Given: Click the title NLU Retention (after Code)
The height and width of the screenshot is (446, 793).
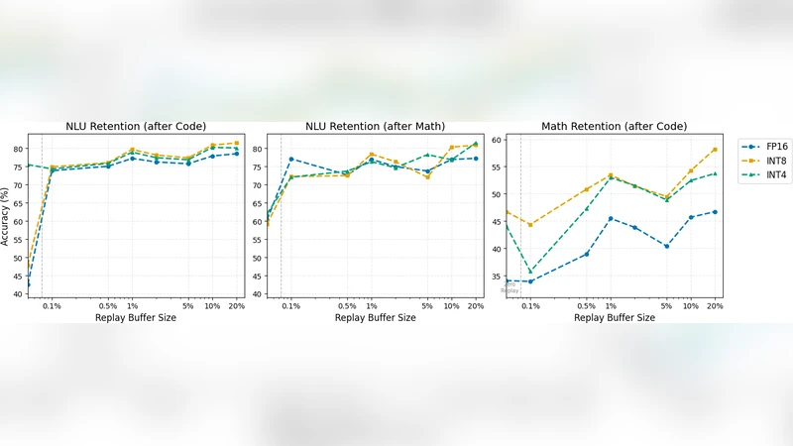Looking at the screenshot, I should click(136, 126).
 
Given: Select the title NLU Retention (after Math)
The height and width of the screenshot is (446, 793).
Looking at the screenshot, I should click(375, 126).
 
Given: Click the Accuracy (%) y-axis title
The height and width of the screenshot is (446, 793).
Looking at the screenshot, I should click(7, 214).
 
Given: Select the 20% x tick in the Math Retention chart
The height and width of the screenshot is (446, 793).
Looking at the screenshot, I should click(714, 306).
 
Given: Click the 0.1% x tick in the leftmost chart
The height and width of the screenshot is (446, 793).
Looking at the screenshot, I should click(52, 306).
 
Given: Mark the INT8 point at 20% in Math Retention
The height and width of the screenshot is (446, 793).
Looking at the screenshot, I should click(714, 150).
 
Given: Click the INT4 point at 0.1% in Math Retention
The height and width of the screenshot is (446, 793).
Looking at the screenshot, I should click(530, 271).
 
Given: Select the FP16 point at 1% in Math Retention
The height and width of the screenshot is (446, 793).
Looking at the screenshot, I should click(611, 218).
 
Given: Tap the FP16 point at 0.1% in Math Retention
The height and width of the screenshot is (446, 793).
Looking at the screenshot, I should click(530, 281).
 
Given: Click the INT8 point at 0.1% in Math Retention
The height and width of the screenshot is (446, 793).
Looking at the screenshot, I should click(530, 224).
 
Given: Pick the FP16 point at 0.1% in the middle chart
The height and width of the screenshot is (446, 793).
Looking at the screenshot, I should click(291, 159).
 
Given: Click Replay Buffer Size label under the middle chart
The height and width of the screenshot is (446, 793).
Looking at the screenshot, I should click(375, 318).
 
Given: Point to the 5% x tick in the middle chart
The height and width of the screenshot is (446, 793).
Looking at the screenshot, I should click(427, 306).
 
